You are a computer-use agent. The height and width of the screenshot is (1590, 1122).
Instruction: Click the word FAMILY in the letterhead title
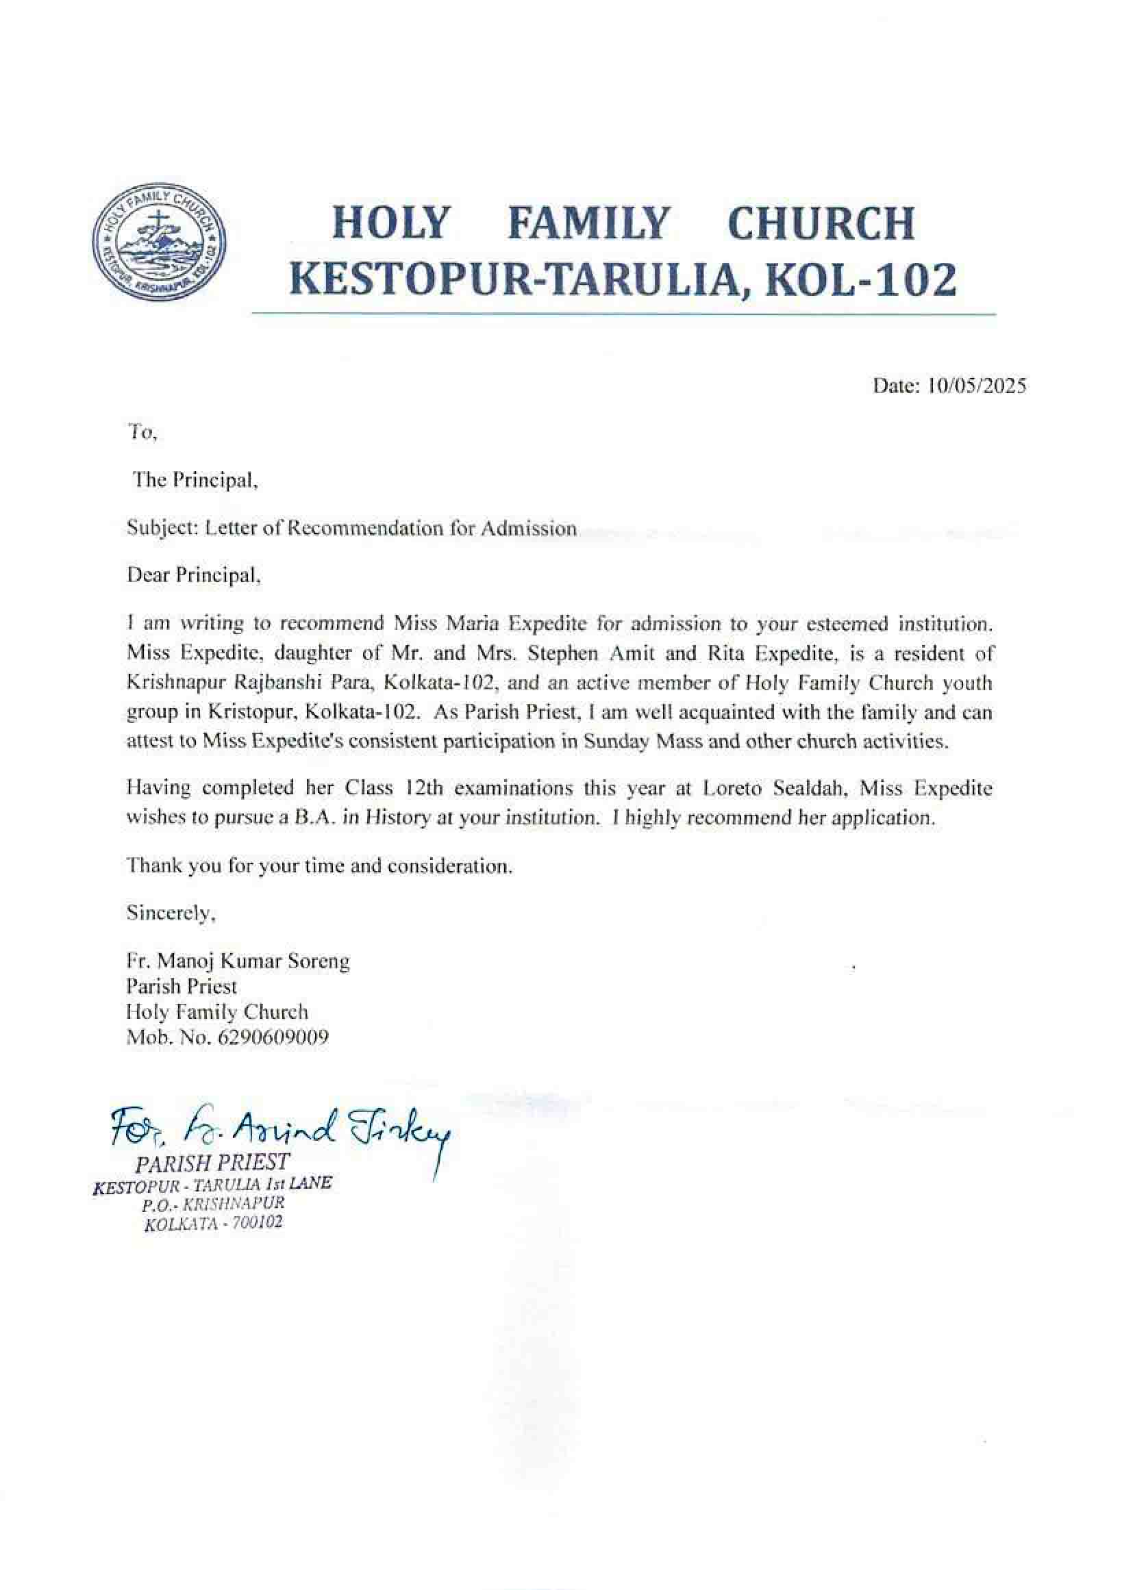[588, 224]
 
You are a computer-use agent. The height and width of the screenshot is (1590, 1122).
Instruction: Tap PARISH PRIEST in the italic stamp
[212, 1163]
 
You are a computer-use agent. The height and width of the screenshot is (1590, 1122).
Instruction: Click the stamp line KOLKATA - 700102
[212, 1224]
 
